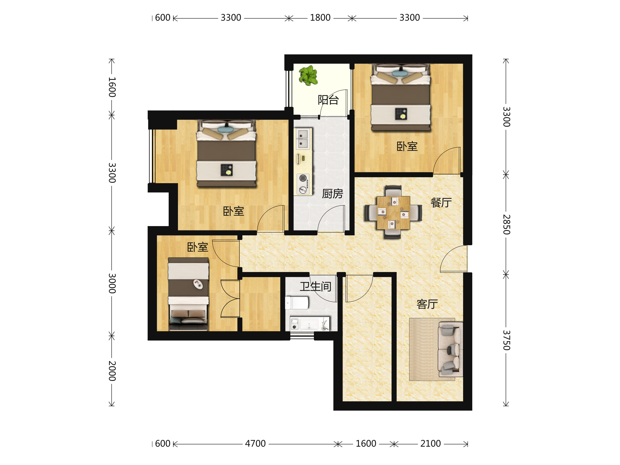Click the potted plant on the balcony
coord(308,75)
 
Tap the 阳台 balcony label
coord(328,100)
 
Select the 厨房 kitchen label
coord(332,194)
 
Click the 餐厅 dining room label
coord(441,202)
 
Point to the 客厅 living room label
coord(427,304)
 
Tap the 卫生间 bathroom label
coord(316,286)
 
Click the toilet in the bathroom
coord(297,303)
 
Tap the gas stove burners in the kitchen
coord(303,184)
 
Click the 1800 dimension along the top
coord(320,18)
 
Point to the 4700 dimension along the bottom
coord(255,444)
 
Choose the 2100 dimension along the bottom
coord(431,444)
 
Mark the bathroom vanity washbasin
coord(309,324)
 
